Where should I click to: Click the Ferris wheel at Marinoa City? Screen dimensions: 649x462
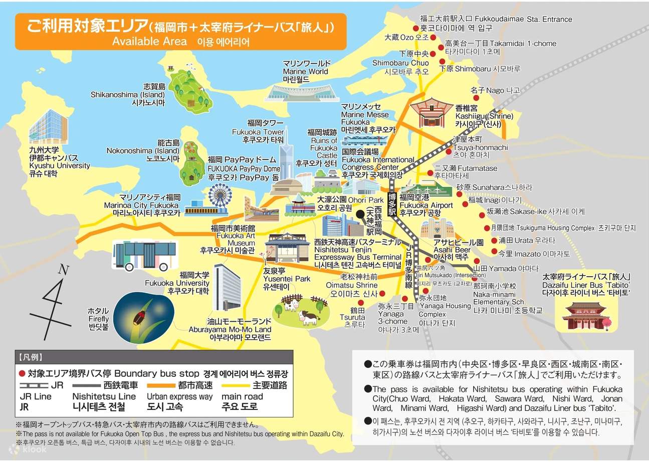[220, 196]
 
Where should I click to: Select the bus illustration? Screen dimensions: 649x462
[141, 256]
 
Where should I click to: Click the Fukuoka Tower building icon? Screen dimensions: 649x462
[287, 160]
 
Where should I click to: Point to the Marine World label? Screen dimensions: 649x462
[305, 71]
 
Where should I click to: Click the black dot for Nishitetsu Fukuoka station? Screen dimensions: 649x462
[359, 213]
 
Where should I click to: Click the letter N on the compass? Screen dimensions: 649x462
[63, 270]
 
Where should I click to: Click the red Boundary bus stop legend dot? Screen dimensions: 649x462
[21, 373]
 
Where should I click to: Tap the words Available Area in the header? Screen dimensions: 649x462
[149, 41]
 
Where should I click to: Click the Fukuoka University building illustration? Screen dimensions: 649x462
[228, 286]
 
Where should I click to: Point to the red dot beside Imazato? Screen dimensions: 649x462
[495, 252]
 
